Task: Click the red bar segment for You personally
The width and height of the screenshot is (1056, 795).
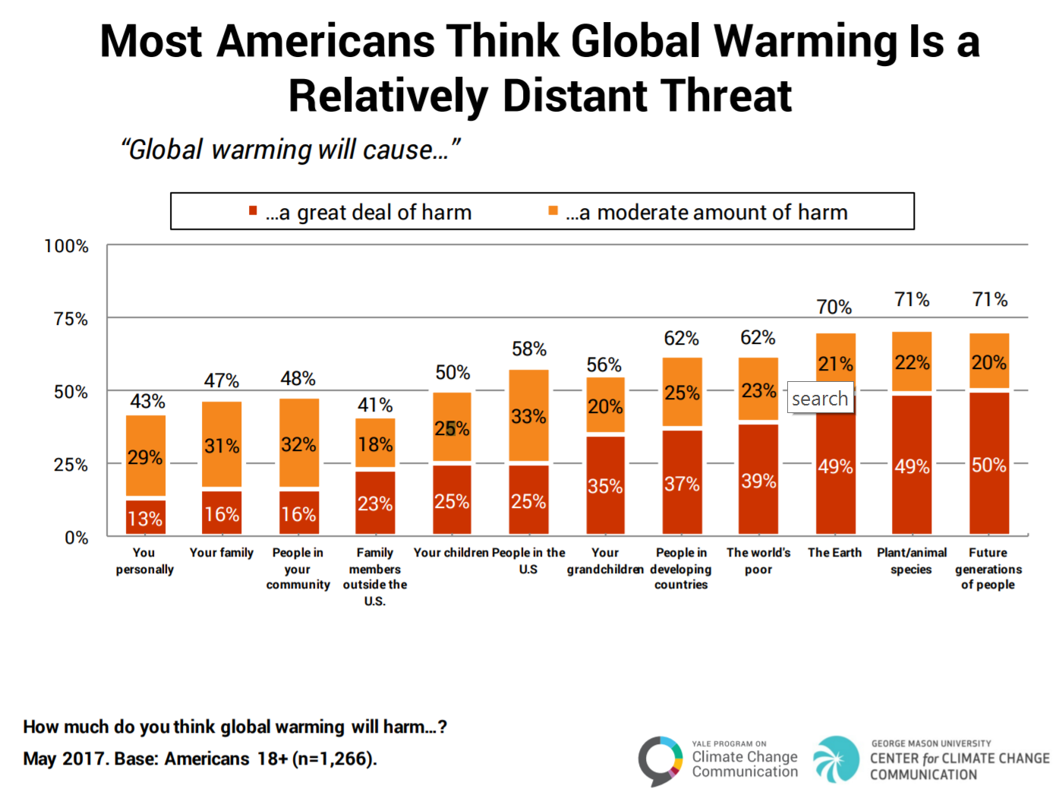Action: pyautogui.click(x=145, y=517)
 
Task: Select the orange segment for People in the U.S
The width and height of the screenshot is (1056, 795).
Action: pyautogui.click(x=528, y=415)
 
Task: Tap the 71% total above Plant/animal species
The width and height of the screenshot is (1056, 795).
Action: pyautogui.click(x=912, y=300)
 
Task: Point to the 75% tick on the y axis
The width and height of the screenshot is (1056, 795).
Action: pyautogui.click(x=71, y=319)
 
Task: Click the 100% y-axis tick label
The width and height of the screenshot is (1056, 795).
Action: pyautogui.click(x=67, y=246)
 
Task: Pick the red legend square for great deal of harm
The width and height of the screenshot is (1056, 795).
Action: pyautogui.click(x=253, y=211)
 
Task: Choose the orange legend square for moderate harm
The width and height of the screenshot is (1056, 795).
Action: pyautogui.click(x=553, y=211)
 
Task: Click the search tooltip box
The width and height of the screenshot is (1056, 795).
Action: pyautogui.click(x=820, y=398)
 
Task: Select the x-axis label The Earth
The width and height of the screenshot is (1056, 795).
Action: pyautogui.click(x=834, y=553)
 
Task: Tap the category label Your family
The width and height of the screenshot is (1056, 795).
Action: pyautogui.click(x=222, y=553)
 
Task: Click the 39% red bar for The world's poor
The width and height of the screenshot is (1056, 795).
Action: pyautogui.click(x=758, y=480)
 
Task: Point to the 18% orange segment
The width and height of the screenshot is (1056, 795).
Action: pyautogui.click(x=375, y=443)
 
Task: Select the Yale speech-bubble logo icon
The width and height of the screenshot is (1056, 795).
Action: pyautogui.click(x=660, y=759)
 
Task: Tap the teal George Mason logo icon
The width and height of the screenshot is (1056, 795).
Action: pyautogui.click(x=836, y=759)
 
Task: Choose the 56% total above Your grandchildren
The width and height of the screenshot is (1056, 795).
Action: pyautogui.click(x=604, y=365)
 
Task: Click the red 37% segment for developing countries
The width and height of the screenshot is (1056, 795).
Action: pyautogui.click(x=682, y=483)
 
